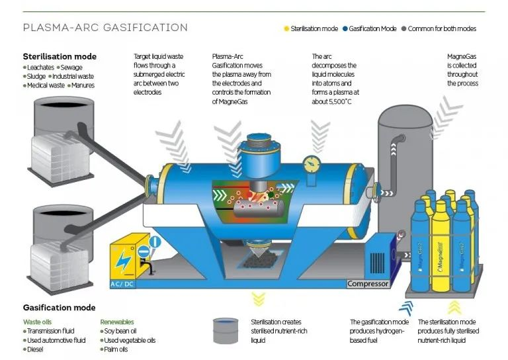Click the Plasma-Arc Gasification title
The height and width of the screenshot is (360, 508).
coord(105,28)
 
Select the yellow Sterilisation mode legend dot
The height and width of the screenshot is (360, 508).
coord(286,29)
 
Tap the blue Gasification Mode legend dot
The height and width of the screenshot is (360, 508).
coord(345,29)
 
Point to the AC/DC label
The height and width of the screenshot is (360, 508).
coord(125,285)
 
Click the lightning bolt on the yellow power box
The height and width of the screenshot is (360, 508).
coord(124,259)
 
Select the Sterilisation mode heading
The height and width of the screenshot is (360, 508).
coord(60,57)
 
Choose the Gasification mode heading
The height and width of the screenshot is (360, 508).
coord(59,308)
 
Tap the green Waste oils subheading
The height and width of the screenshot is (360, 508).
coord(39,322)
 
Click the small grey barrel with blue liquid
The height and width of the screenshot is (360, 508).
coord(226,330)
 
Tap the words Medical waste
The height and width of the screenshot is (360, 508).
coord(46,85)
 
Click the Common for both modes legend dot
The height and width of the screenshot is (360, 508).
coord(403,29)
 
